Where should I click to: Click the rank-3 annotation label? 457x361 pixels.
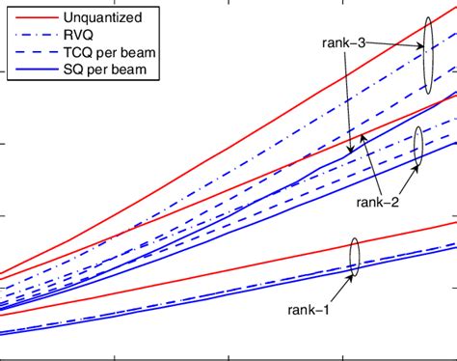[x=344, y=42]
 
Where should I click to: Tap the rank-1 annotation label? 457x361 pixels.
[x=309, y=309]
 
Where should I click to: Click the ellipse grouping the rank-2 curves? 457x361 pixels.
[x=417, y=147]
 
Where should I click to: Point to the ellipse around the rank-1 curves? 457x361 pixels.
[x=354, y=258]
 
